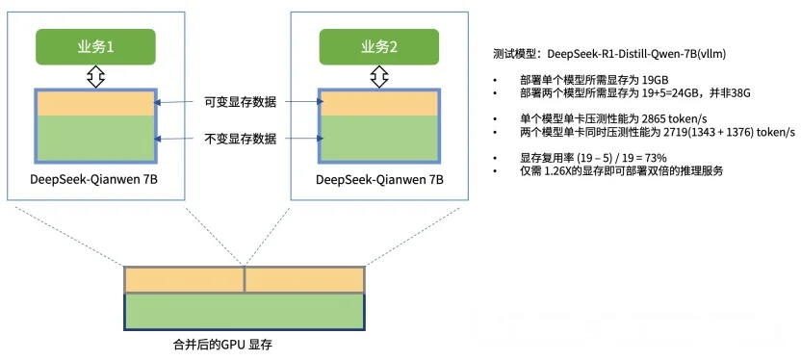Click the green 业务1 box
click(x=94, y=47)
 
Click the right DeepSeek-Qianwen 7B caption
click(x=379, y=180)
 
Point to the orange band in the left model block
click(x=94, y=104)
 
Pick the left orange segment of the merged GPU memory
click(x=184, y=279)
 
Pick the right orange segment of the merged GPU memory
click(x=305, y=279)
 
